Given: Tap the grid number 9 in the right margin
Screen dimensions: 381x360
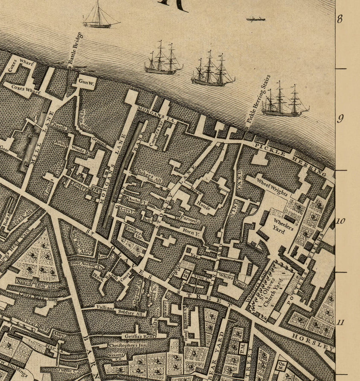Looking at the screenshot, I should tap(340, 119).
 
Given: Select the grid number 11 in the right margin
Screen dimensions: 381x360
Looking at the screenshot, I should tap(340, 323).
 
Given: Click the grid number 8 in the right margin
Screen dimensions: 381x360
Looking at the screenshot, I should tap(340, 19).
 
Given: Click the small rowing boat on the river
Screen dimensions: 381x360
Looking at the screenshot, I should tap(256, 19).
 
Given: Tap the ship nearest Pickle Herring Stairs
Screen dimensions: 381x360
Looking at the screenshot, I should tap(284, 102).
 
